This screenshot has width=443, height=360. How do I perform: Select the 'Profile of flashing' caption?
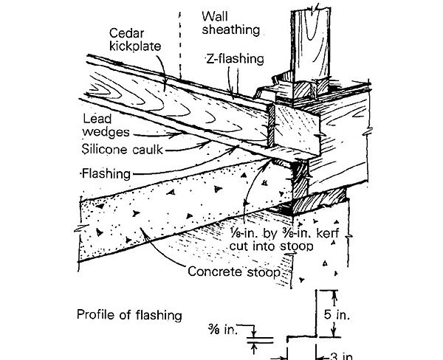[x=128, y=316]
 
